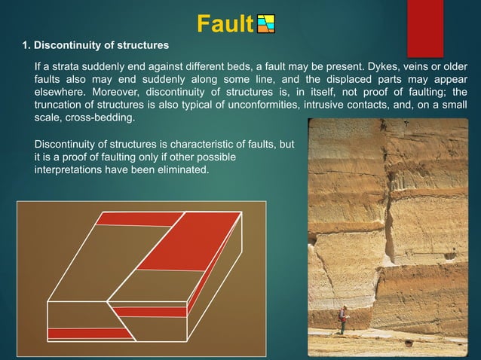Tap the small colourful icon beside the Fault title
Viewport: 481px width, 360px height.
tap(266, 25)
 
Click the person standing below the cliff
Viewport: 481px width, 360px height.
tap(342, 320)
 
